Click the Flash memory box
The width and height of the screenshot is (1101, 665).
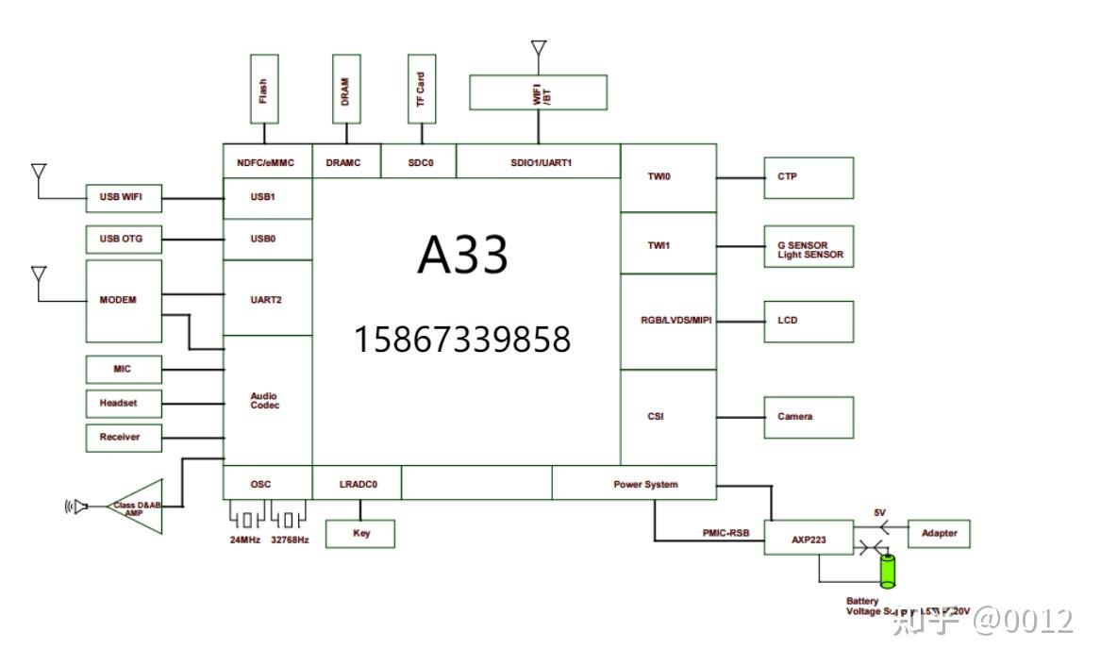click(264, 89)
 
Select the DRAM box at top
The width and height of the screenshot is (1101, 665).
click(346, 89)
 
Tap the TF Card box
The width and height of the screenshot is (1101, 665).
click(421, 89)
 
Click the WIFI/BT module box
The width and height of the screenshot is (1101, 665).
click(538, 92)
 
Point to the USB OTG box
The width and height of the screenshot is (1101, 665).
click(124, 239)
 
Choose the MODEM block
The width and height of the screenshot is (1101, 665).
click(124, 301)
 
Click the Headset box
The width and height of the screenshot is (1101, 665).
click(124, 403)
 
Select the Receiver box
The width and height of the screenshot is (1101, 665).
click(124, 437)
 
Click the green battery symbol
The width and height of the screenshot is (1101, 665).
click(888, 571)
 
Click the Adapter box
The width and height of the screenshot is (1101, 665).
click(939, 533)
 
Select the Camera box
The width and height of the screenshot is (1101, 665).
click(809, 417)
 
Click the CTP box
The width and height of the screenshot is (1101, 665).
click(809, 177)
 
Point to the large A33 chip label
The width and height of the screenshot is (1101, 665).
click(463, 255)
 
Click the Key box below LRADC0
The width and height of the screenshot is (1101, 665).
click(360, 533)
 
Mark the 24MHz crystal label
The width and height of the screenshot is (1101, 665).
click(246, 540)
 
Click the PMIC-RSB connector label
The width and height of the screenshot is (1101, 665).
click(726, 533)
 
